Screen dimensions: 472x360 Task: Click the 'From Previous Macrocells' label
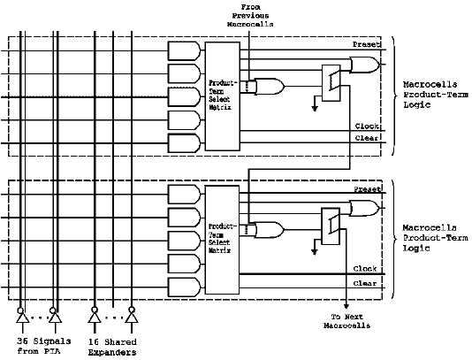pos(250,16)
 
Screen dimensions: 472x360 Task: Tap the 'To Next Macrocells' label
pos(346,321)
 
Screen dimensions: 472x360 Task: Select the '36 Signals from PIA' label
pos(44,346)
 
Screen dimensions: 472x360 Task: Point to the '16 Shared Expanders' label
pos(112,347)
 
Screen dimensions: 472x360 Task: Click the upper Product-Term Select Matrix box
pos(223,96)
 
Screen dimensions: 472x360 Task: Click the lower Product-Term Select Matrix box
pos(222,240)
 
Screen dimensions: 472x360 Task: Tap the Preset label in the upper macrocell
pos(366,44)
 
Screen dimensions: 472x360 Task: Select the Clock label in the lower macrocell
pos(365,268)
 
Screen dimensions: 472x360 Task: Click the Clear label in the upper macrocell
pos(367,138)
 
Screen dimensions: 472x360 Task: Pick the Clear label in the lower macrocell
pos(365,283)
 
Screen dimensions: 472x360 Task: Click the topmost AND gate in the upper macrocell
pos(184,51)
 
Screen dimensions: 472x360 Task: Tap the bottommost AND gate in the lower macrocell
pos(184,287)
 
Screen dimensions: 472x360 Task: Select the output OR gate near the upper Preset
pos(364,65)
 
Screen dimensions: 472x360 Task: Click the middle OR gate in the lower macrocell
pos(269,230)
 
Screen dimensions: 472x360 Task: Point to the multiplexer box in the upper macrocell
pos(331,83)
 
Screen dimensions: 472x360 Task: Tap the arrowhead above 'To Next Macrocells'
pos(346,306)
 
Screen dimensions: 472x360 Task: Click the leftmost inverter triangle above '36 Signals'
pos(23,318)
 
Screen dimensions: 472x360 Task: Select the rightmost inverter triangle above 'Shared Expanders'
pos(132,318)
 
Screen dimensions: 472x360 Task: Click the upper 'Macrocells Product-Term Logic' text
pos(435,95)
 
